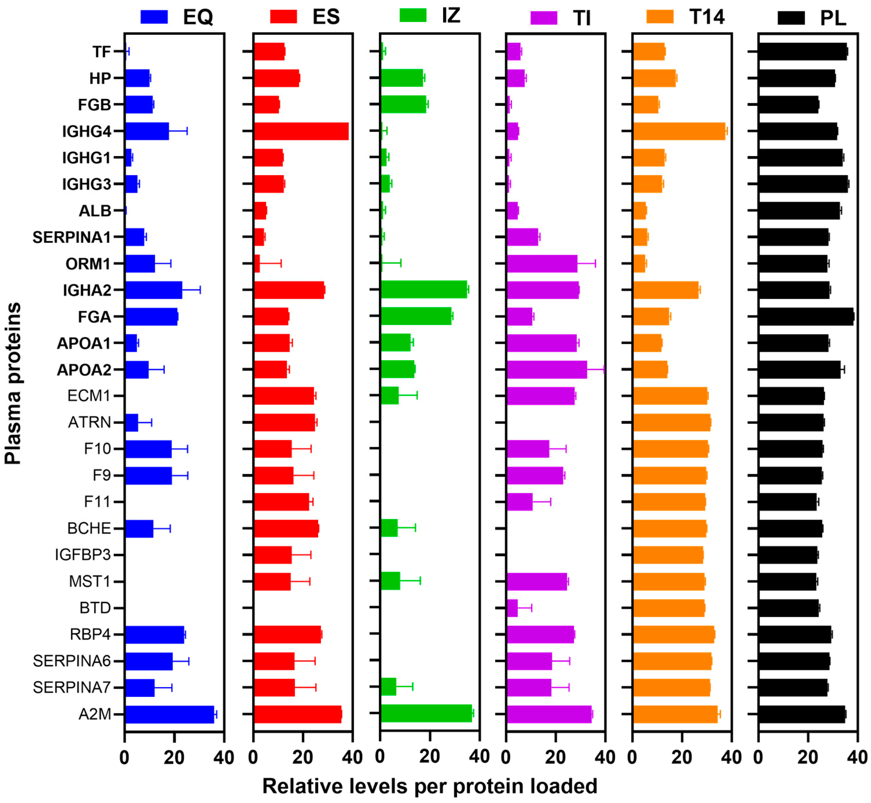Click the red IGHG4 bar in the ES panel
click(301, 131)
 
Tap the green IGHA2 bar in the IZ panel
click(424, 289)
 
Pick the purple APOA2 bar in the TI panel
click(547, 369)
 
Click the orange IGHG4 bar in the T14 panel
click(679, 131)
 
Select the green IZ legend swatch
click(413, 15)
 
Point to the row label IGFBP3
click(82, 555)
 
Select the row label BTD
click(95, 608)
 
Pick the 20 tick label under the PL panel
click(808, 757)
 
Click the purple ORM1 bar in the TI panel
click(542, 264)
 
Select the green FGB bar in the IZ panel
click(403, 104)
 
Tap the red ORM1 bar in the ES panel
click(257, 264)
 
